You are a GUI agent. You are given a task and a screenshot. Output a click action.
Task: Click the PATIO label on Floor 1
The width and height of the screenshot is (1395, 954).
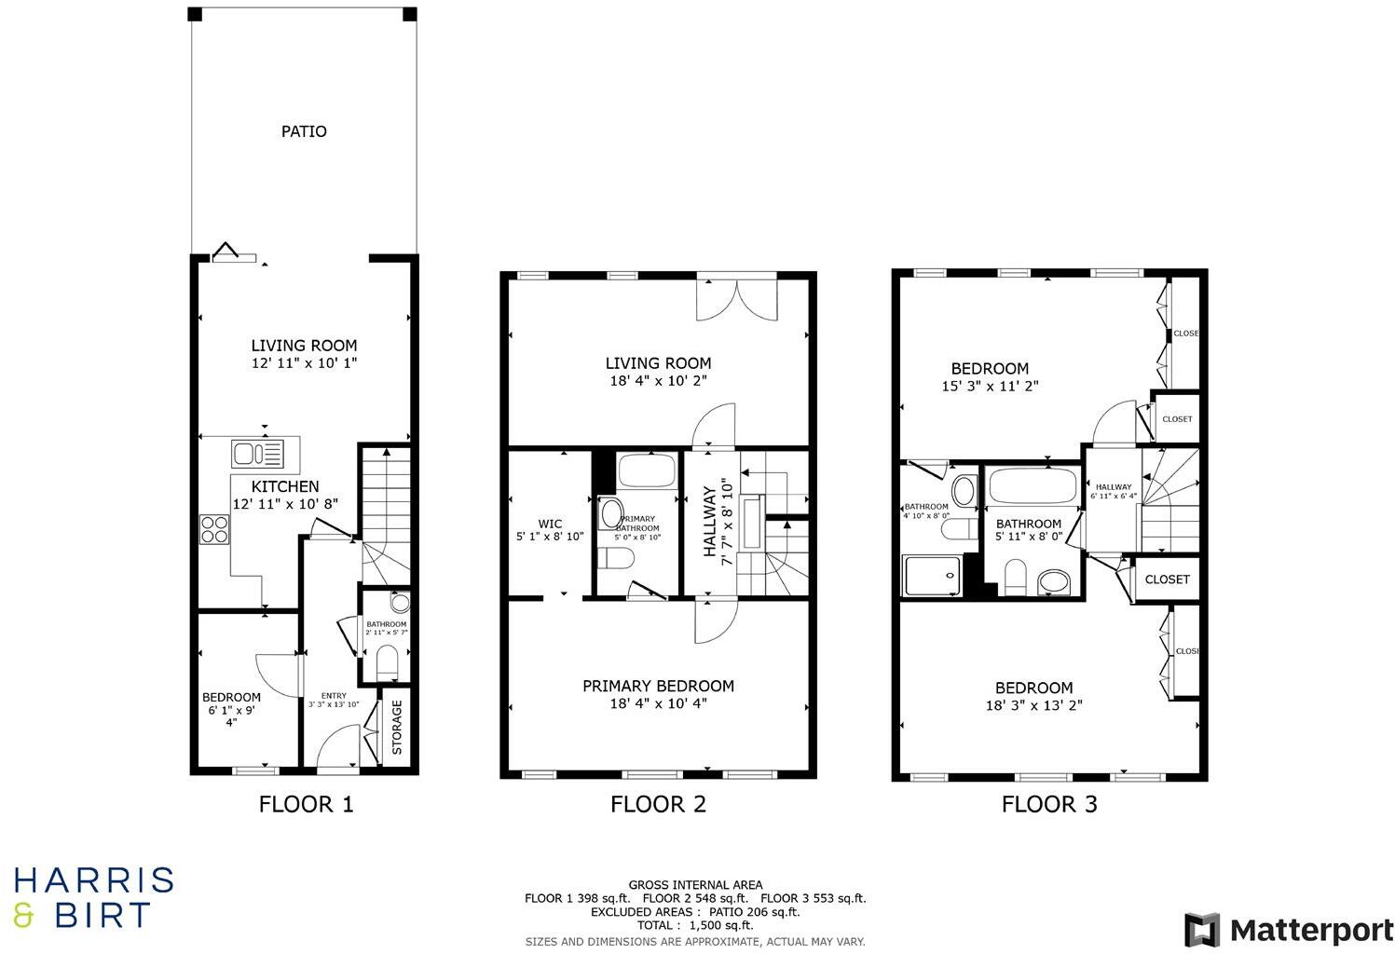304,131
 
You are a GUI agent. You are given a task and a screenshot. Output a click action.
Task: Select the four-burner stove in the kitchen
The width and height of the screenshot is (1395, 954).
213,529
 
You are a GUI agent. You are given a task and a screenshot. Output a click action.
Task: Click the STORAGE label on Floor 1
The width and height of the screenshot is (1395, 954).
397,727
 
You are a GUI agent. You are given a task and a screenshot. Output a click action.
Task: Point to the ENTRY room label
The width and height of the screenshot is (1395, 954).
334,695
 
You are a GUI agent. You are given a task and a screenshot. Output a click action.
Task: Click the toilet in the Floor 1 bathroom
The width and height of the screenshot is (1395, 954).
388,663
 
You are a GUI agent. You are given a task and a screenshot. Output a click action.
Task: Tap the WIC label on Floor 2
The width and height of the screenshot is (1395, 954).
550,524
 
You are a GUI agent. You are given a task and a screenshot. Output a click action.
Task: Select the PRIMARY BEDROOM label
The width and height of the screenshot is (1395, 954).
658,686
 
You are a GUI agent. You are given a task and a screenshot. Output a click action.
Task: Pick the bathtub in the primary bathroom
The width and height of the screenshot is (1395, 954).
647,471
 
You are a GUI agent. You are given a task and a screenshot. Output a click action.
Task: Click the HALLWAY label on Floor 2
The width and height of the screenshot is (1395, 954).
710,522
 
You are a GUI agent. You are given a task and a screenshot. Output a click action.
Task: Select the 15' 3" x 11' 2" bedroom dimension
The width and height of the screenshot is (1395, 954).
990,386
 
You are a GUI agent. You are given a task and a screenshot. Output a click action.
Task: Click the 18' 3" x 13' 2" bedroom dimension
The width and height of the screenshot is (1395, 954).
1033,706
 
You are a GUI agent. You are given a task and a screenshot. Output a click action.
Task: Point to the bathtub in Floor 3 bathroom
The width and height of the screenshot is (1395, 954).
1031,486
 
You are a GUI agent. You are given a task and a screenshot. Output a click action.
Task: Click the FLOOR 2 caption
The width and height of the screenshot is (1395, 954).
658,804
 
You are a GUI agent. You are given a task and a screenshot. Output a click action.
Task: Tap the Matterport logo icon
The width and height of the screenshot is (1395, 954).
1202,930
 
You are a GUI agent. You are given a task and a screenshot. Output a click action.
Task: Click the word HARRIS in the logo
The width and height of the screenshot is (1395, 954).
93,880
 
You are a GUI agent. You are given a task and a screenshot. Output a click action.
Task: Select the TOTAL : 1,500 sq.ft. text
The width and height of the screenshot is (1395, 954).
695,926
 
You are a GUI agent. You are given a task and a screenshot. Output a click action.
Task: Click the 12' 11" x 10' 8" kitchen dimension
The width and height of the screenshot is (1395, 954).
285,503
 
